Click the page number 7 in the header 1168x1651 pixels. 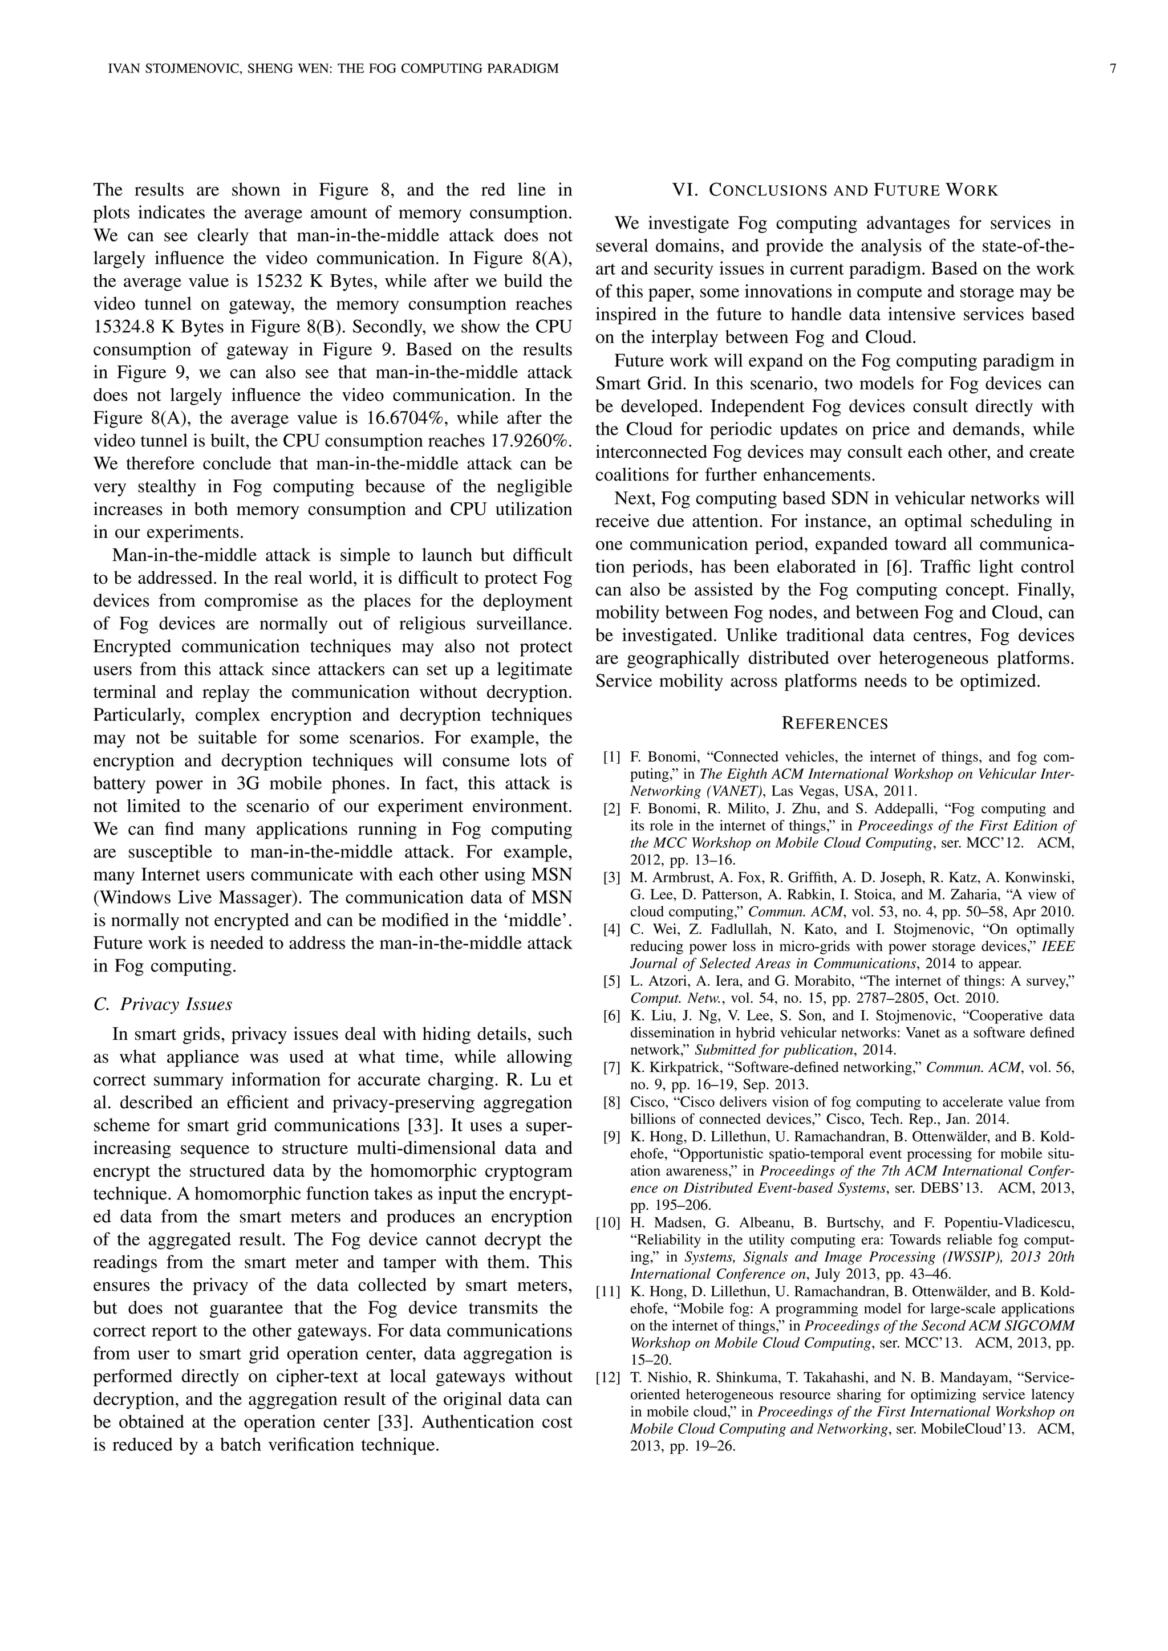click(1113, 69)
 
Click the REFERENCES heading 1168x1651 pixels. click(834, 724)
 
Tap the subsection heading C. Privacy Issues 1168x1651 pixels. click(163, 1004)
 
